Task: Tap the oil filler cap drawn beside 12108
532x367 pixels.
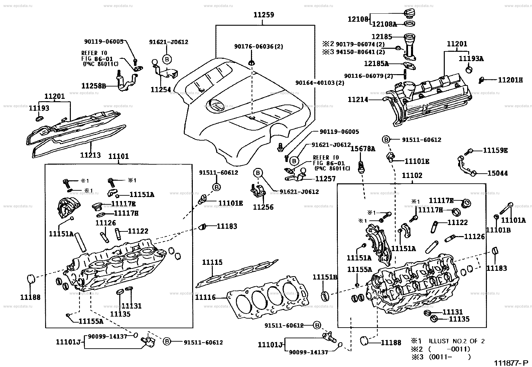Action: click(409, 14)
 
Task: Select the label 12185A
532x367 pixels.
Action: click(376, 63)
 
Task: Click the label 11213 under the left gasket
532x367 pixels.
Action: click(90, 155)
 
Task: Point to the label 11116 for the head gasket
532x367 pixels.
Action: click(205, 297)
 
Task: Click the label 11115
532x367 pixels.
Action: click(212, 262)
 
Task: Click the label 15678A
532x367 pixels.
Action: click(363, 149)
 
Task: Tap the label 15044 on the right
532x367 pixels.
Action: click(497, 173)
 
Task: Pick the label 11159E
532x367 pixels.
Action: click(495, 151)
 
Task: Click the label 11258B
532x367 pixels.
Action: click(93, 86)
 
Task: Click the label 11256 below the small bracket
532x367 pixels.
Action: click(263, 207)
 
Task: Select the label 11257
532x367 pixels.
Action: click(325, 179)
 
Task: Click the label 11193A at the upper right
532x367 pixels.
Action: click(471, 59)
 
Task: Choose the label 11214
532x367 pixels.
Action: click(358, 99)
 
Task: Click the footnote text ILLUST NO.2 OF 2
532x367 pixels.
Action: click(457, 341)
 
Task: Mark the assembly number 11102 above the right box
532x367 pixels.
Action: click(412, 175)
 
